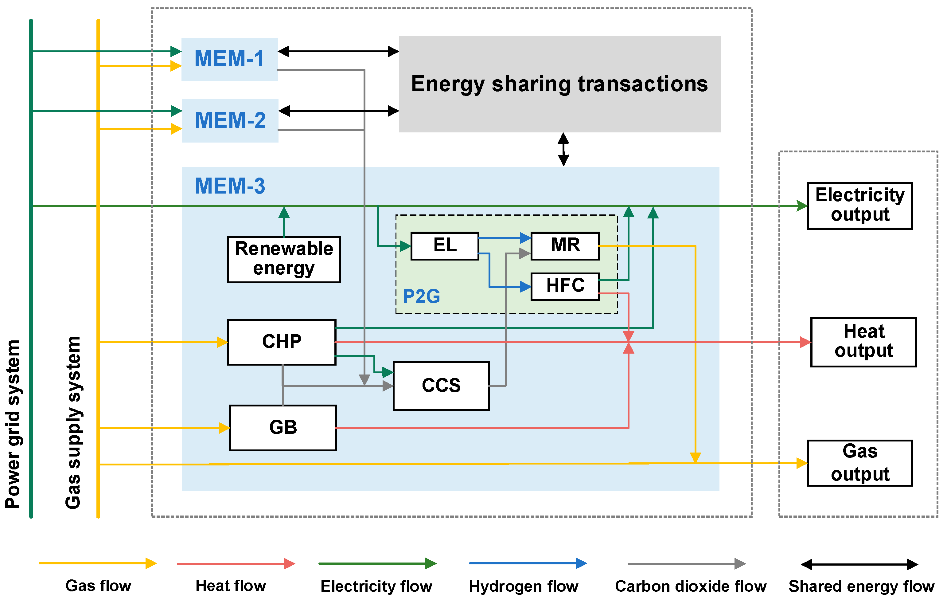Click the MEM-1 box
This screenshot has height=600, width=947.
point(229,59)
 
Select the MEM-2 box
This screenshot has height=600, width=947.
point(230,120)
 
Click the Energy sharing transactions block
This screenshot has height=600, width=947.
point(559,84)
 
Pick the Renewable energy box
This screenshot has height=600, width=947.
point(283,259)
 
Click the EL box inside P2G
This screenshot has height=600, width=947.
point(445,246)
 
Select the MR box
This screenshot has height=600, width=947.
point(565,246)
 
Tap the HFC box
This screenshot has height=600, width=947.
point(565,286)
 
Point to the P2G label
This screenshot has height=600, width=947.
point(421,296)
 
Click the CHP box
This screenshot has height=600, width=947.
point(282,342)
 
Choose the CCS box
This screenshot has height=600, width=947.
point(441,386)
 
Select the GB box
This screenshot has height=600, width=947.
point(283,428)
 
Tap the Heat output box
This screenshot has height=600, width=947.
point(863,342)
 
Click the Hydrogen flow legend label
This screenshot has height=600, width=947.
point(524,586)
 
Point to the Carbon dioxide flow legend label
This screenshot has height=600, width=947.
point(691,586)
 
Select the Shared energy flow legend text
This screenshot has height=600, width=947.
point(861,586)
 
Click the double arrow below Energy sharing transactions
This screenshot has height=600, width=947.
point(563,149)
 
